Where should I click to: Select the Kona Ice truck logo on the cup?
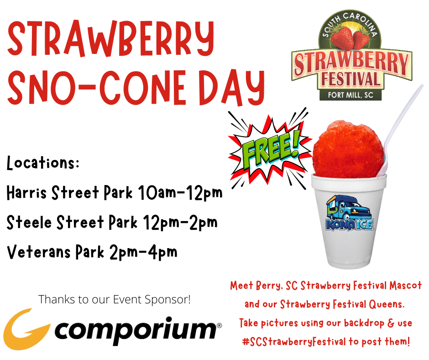pos(350,214)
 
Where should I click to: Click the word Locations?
pos(43,164)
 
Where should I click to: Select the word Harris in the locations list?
pos(27,193)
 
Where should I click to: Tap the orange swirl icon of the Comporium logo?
pos(25,327)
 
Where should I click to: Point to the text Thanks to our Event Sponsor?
pos(115,300)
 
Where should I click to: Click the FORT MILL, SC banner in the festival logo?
pos(351,95)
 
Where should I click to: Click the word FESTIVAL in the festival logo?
pos(351,79)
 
